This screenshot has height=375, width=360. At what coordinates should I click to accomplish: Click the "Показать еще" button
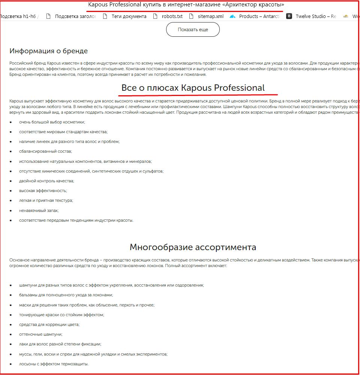point(193,30)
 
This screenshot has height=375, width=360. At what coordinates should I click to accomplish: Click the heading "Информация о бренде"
point(48,51)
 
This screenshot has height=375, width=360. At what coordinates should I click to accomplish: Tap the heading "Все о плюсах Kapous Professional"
point(193,88)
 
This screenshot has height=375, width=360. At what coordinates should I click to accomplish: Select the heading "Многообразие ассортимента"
point(193,247)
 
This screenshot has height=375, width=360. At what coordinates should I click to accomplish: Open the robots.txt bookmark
point(172,16)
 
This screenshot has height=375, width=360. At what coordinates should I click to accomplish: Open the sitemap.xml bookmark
point(210,16)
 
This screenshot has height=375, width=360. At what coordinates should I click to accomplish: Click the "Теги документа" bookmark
point(129,16)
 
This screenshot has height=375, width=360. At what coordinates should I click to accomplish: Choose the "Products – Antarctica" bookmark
point(259,16)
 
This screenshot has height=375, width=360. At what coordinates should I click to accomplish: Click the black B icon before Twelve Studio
point(289,16)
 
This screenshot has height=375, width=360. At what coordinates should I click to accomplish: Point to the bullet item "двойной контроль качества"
point(46,181)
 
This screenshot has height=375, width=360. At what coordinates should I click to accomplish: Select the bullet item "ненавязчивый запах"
point(39,210)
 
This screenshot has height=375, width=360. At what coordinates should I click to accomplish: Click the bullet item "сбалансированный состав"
point(45,151)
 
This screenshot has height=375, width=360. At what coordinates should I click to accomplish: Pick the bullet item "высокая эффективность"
point(43,190)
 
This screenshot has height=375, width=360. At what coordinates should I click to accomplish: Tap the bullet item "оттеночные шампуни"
point(41,334)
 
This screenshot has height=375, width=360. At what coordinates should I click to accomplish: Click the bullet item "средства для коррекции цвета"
point(49,324)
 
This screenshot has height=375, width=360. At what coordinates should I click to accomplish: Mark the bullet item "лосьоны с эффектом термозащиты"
point(54,364)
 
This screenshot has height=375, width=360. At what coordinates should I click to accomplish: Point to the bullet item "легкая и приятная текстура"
point(46,201)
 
